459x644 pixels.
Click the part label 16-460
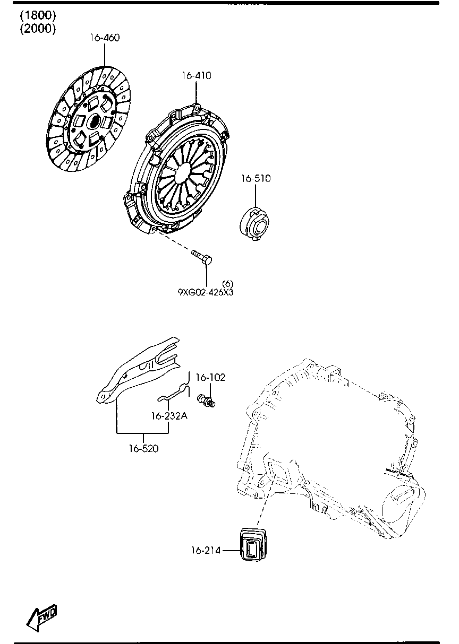[x=104, y=38]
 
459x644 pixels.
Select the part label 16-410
[x=196, y=76]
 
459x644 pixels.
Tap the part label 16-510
[x=256, y=179]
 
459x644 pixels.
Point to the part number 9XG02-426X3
[x=205, y=291]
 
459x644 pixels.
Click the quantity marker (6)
[x=227, y=283]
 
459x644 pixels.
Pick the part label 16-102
[x=210, y=377]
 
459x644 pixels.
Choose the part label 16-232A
[x=169, y=416]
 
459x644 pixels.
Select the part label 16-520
[x=143, y=448]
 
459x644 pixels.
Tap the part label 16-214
[x=206, y=550]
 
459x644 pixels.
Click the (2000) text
[x=38, y=29]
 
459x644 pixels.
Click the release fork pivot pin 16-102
[x=206, y=400]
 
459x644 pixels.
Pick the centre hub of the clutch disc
[x=92, y=121]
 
